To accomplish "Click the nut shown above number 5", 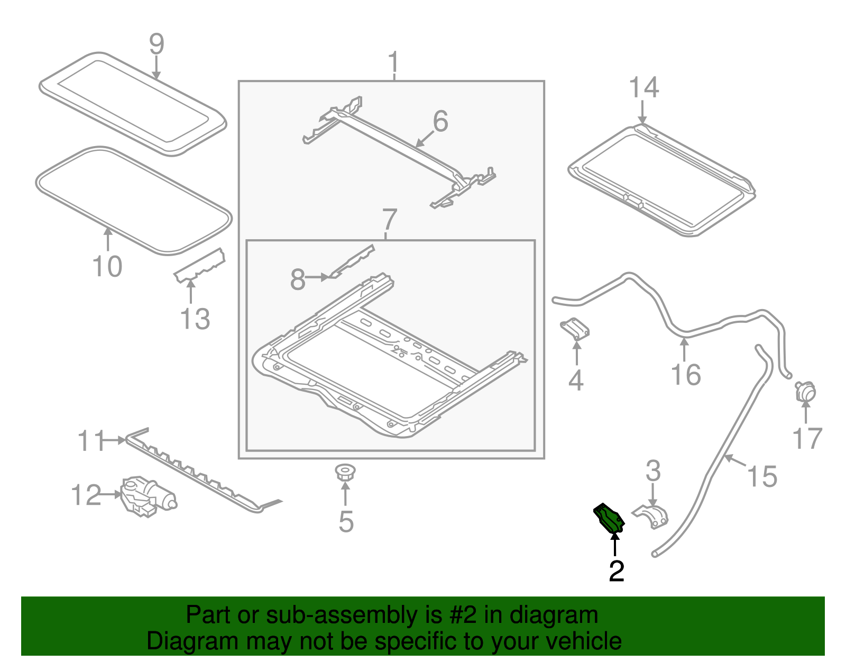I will pyautogui.click(x=345, y=471).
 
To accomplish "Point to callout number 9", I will pyautogui.click(x=157, y=44).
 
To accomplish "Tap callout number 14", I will pyautogui.click(x=643, y=88).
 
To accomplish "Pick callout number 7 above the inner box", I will pyautogui.click(x=389, y=220).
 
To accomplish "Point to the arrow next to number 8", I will pyautogui.click(x=317, y=277).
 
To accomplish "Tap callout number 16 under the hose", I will pyautogui.click(x=686, y=375).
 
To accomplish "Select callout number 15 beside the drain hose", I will pyautogui.click(x=762, y=476).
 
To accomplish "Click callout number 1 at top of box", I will pyautogui.click(x=393, y=62).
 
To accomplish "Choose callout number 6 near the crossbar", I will pyautogui.click(x=440, y=121).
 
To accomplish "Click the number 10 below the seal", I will pyautogui.click(x=107, y=266).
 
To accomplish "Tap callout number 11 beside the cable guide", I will pyautogui.click(x=91, y=441).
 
